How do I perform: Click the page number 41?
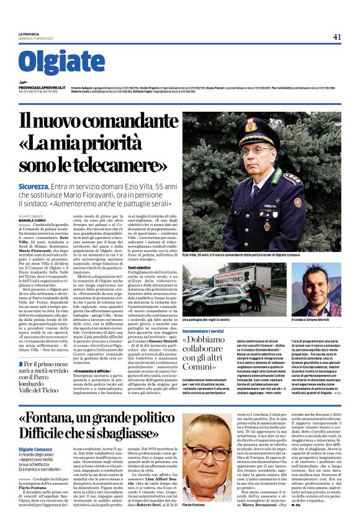click(337, 37)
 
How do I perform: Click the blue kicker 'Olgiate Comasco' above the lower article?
click(37, 432)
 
